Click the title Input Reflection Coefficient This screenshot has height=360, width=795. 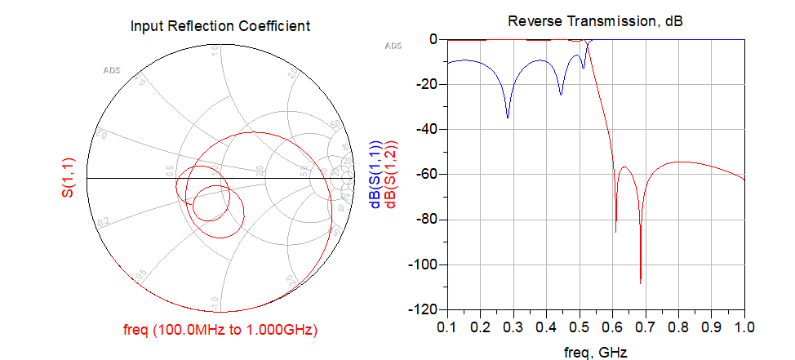point(220,25)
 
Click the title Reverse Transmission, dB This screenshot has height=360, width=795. point(595,21)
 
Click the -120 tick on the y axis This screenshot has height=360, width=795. point(425,310)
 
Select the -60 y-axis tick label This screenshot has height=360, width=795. point(429,175)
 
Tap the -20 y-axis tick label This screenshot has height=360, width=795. point(429,84)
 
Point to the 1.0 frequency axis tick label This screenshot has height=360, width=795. point(744,327)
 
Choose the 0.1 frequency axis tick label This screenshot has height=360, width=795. point(446,327)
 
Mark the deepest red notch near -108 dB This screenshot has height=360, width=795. point(641,283)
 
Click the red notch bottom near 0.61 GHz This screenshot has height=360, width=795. point(615,233)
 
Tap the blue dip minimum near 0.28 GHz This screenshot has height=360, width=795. point(508,118)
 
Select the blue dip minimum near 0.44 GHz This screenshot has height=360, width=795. point(561,95)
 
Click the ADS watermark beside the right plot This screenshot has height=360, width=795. point(393,46)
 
